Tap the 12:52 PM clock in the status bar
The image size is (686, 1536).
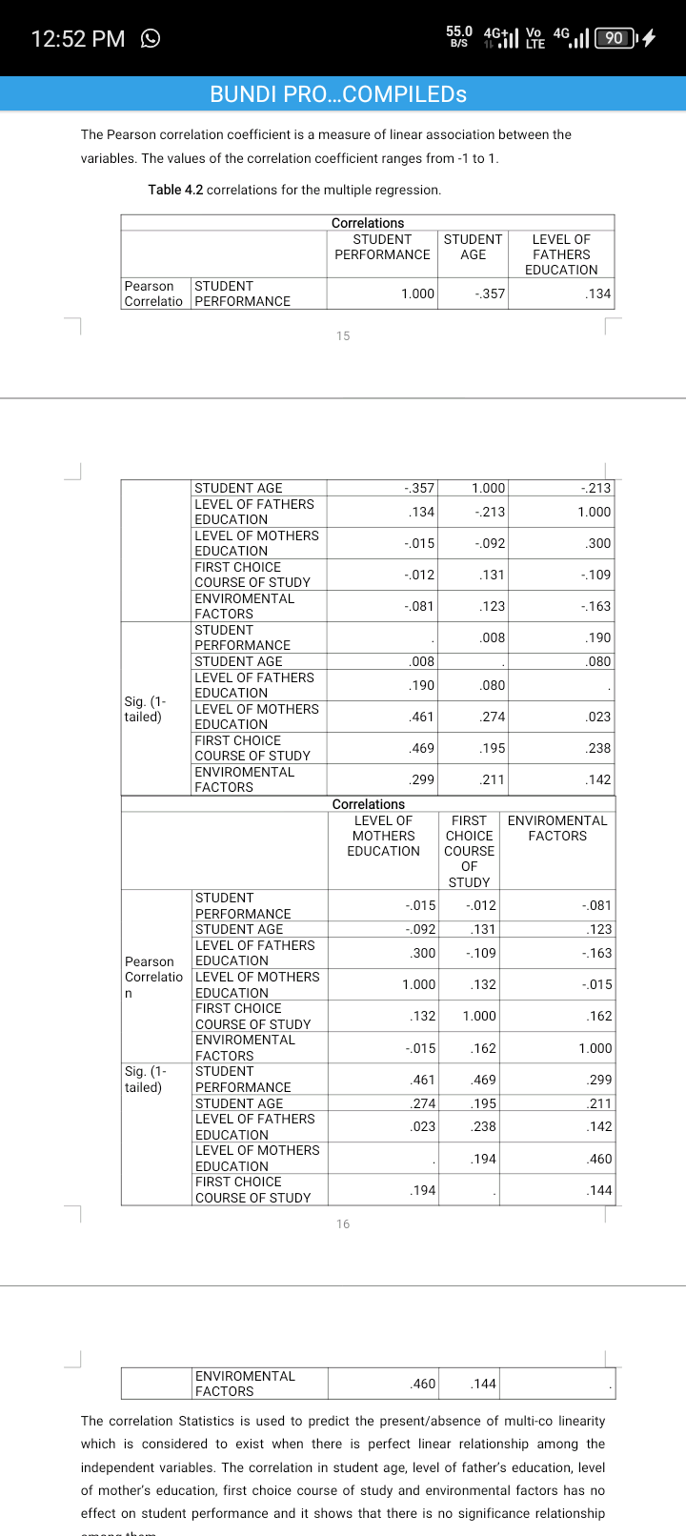point(77,39)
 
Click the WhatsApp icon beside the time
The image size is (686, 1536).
point(150,38)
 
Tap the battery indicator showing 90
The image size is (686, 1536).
point(615,38)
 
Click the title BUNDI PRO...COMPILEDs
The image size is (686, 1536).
point(338,94)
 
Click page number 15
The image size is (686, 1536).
point(343,335)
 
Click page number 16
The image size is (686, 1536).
point(343,1224)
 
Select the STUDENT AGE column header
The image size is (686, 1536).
point(473,247)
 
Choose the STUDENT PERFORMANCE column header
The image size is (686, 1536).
point(382,247)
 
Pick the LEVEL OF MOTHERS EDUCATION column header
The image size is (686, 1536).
point(383,836)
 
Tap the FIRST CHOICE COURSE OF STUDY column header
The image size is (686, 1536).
point(469,851)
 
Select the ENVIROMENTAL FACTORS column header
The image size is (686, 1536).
point(557,828)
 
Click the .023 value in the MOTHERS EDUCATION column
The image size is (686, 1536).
point(422,1126)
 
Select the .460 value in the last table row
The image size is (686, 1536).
point(422,1384)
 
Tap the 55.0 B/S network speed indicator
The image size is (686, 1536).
point(459,37)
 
